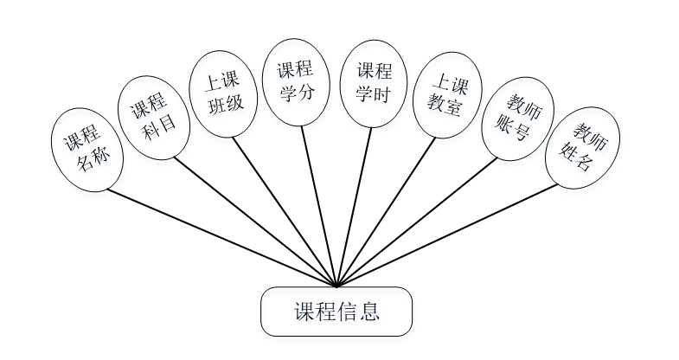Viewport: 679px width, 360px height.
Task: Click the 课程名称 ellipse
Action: tap(86, 148)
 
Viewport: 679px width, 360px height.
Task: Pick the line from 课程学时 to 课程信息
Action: tap(355, 204)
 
